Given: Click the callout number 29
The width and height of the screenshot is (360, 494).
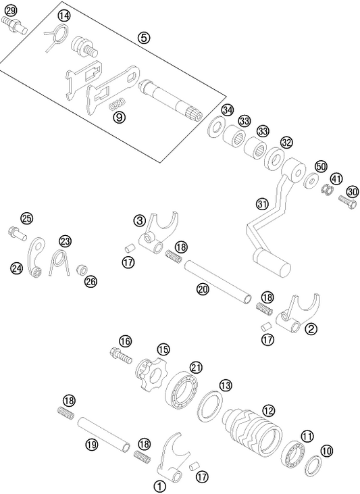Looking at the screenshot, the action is [10, 11].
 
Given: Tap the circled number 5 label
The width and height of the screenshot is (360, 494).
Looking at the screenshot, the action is [144, 38].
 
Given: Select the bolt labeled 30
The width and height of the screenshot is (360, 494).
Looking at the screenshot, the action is [349, 201].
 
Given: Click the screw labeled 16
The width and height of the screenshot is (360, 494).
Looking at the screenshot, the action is [120, 354].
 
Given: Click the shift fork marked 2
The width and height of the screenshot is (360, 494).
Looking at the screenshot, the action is [296, 316].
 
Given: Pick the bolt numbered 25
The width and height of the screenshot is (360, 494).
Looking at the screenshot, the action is [18, 234].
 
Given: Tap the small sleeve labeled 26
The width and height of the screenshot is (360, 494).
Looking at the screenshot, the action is [82, 270].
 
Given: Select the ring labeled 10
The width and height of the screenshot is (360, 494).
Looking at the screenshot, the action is [313, 466].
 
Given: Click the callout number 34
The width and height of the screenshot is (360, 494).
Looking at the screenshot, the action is [228, 110].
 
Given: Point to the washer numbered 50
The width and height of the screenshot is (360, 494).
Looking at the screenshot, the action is [312, 181].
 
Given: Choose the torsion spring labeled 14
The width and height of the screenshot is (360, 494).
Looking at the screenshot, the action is [56, 35].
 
